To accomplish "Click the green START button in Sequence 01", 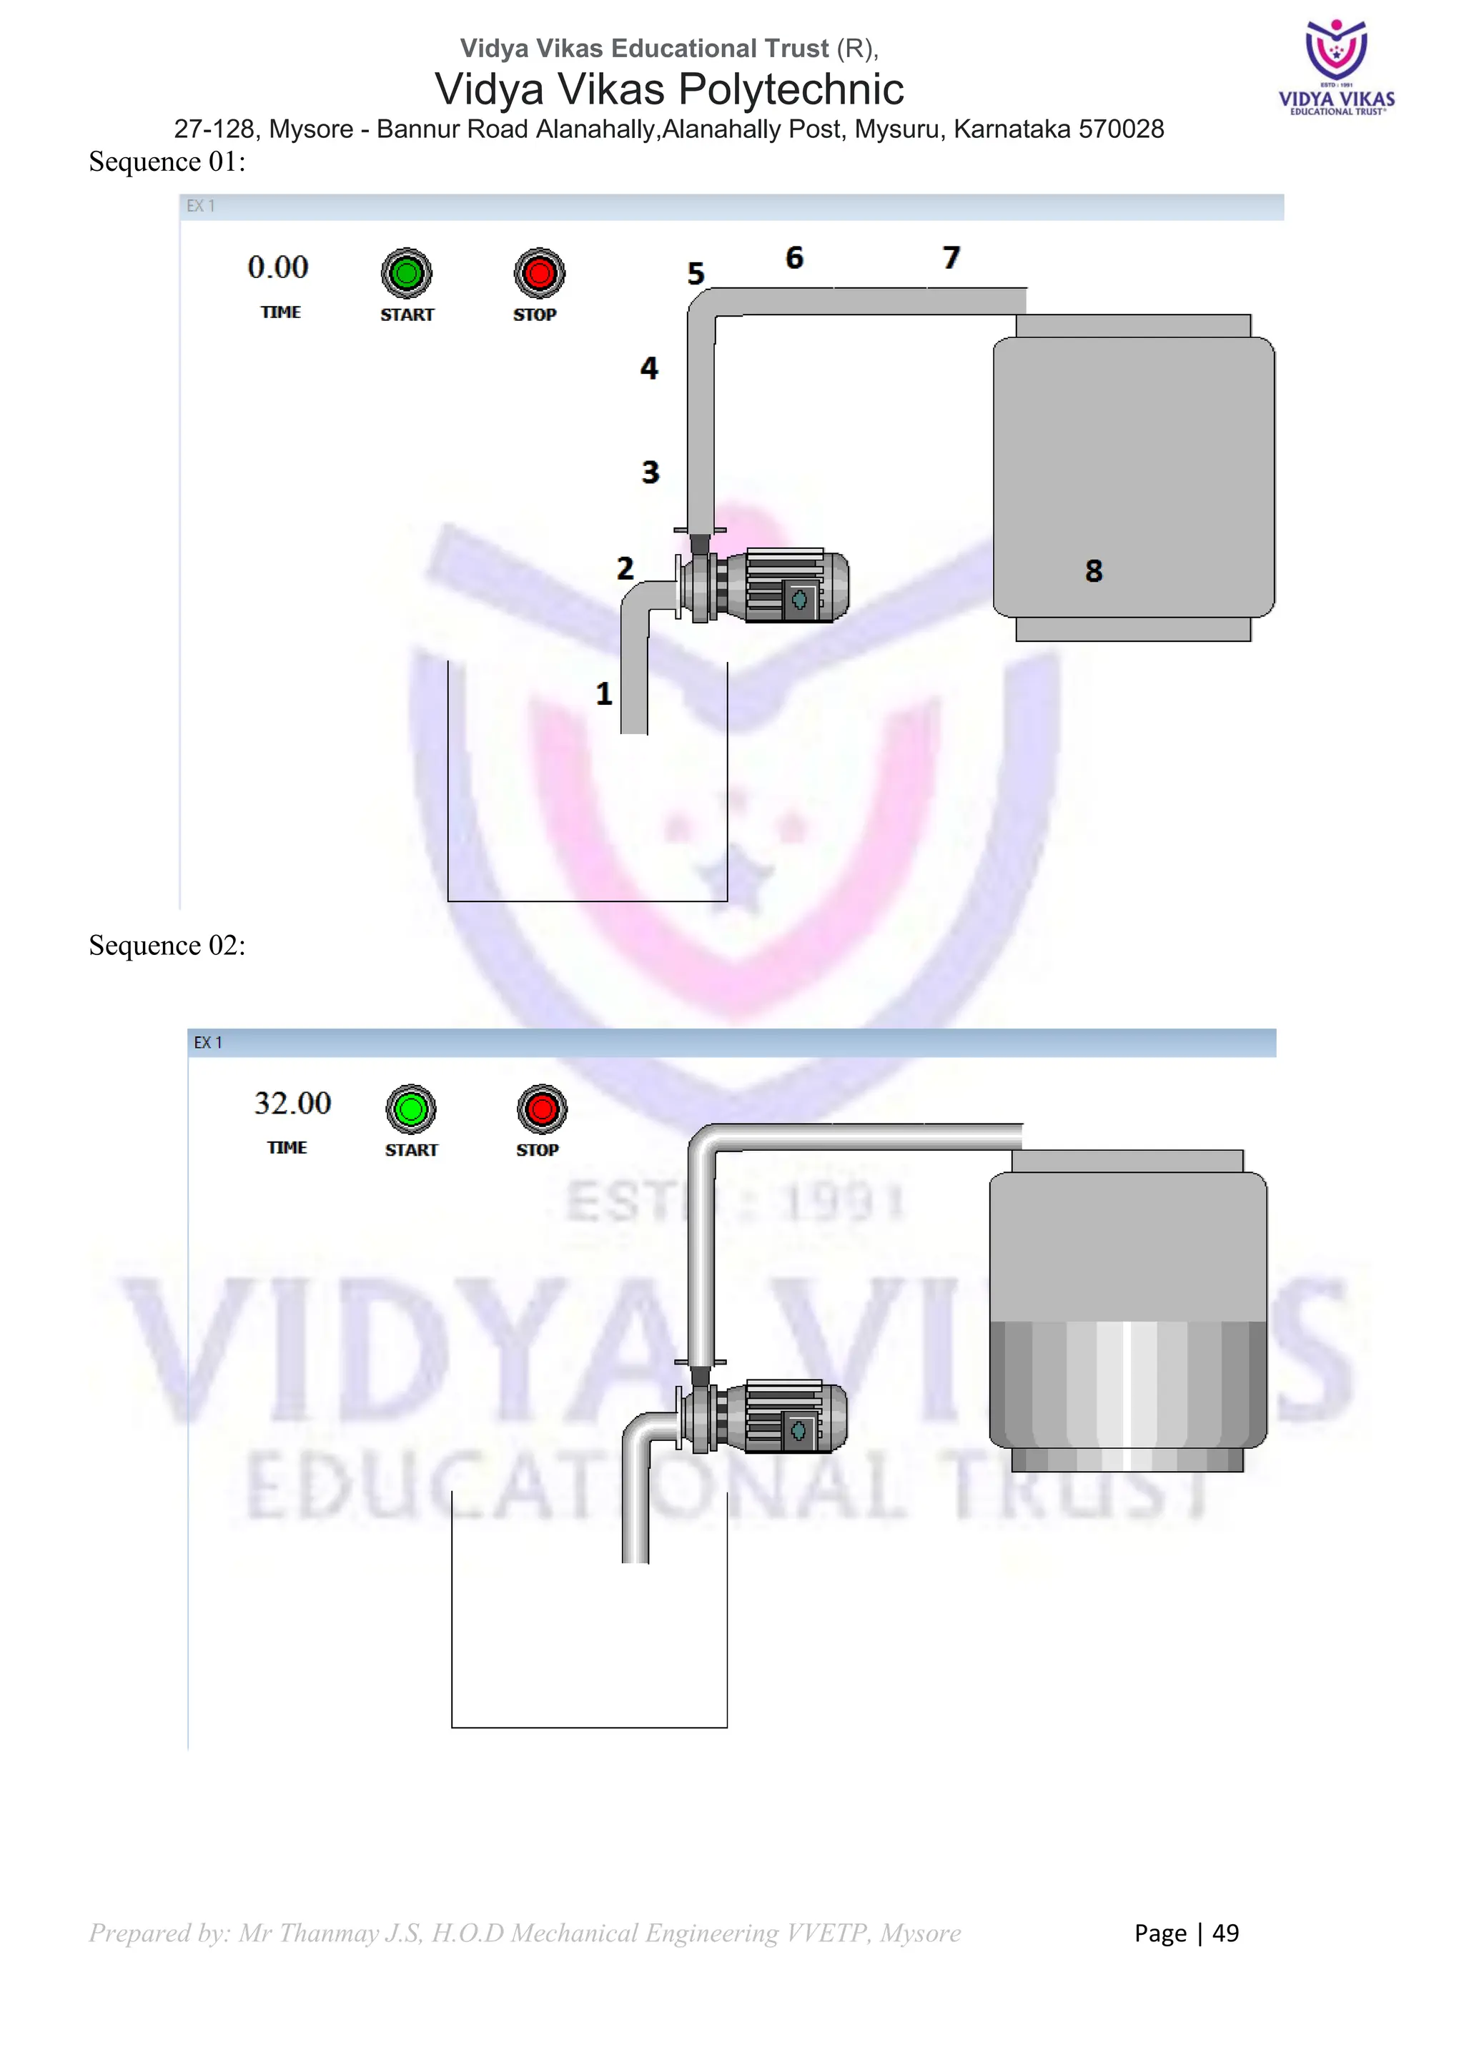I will pyautogui.click(x=407, y=273).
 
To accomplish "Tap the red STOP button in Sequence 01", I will pyautogui.click(x=539, y=273).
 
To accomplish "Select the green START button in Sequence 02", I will pyautogui.click(x=411, y=1109).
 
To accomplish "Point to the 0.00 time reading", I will pyautogui.click(x=277, y=268).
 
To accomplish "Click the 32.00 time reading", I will pyautogui.click(x=292, y=1104).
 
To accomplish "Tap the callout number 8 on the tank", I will pyautogui.click(x=1094, y=570).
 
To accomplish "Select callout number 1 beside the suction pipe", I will pyautogui.click(x=604, y=693).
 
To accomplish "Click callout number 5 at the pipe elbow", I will pyautogui.click(x=695, y=273).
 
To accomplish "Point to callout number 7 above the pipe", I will pyautogui.click(x=951, y=258).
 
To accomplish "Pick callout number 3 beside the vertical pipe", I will pyautogui.click(x=650, y=472).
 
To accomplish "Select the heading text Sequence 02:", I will pyautogui.click(x=167, y=945).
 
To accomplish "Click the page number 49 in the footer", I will pyautogui.click(x=1225, y=1933).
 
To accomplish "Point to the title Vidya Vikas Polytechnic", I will pyautogui.click(x=669, y=89).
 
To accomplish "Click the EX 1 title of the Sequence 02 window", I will pyautogui.click(x=207, y=1042).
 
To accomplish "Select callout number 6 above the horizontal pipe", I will pyautogui.click(x=794, y=258).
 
